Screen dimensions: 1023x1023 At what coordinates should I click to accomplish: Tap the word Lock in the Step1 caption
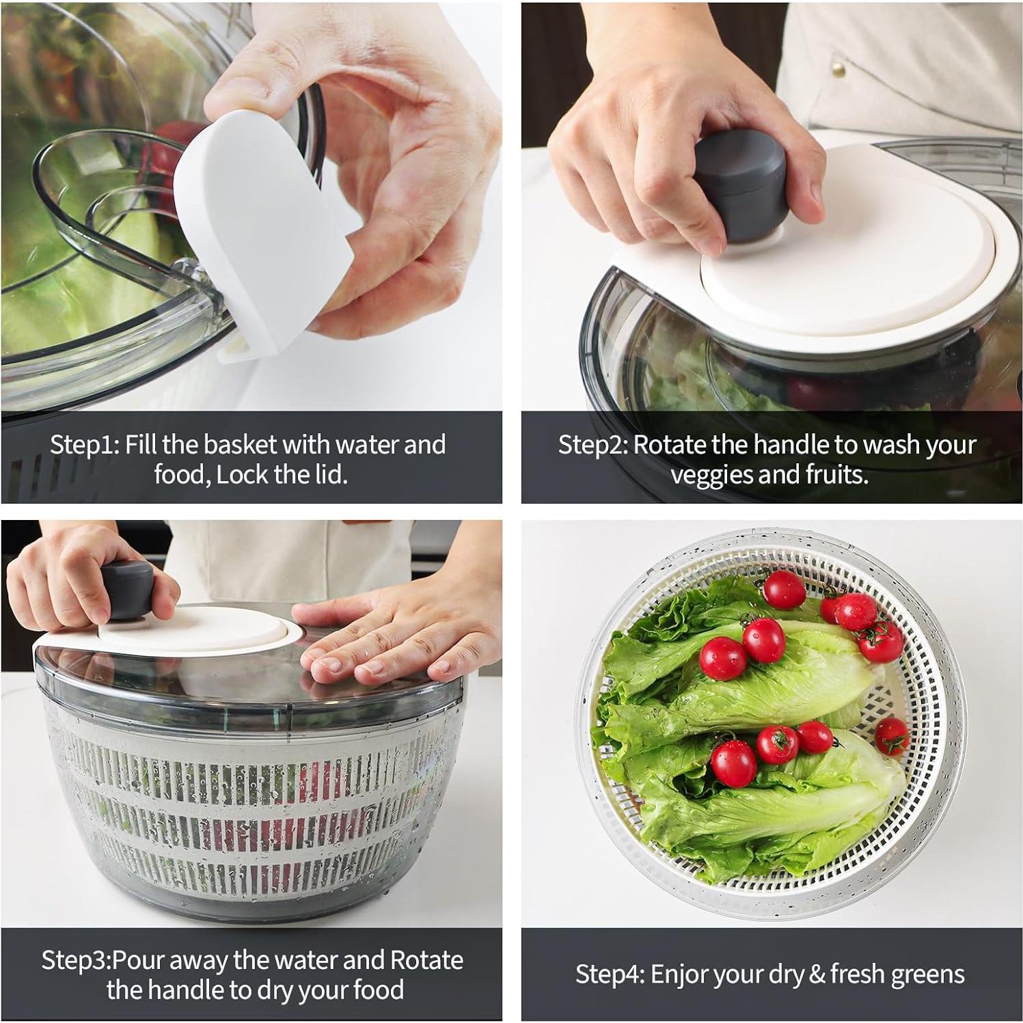tap(242, 474)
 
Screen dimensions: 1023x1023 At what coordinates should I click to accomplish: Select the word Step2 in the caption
tap(592, 445)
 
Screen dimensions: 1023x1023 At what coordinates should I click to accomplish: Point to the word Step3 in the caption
tap(74, 960)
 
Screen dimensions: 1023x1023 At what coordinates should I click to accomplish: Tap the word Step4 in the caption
tap(610, 974)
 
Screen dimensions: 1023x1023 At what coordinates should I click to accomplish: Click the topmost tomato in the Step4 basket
tap(785, 589)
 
